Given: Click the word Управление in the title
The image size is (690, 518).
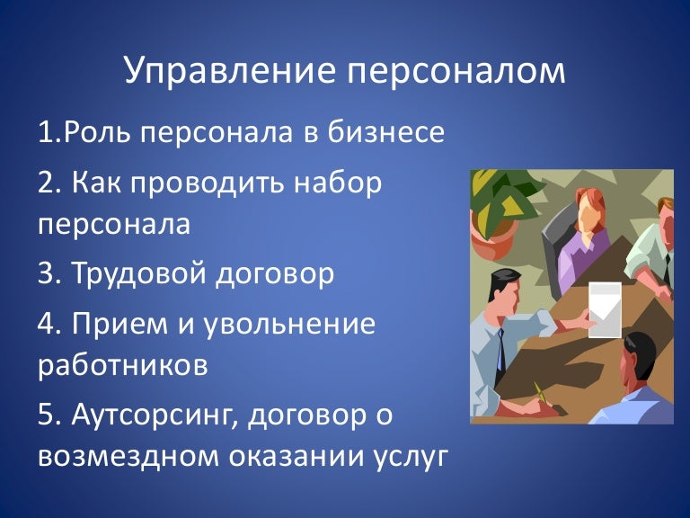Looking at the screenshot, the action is click(x=229, y=70).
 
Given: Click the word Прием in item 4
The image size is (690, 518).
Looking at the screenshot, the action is click(x=119, y=325).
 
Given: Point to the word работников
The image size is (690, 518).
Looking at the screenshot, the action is click(x=123, y=364).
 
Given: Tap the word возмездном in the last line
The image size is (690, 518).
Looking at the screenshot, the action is click(x=128, y=457).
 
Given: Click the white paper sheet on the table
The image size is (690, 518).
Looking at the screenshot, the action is click(x=605, y=309).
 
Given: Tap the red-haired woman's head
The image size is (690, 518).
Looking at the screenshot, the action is click(x=589, y=210).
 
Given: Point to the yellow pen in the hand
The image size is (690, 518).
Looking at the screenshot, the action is click(x=541, y=393).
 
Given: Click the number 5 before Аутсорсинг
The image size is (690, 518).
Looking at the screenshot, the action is click(x=46, y=415).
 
